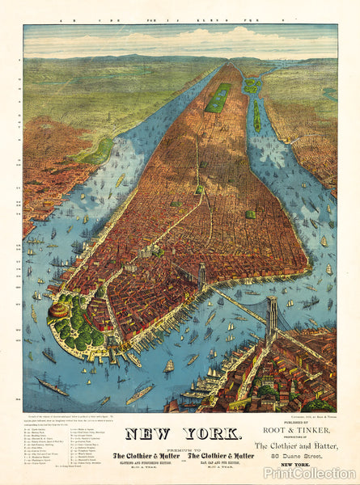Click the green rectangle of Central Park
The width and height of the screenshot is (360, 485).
coord(218,97)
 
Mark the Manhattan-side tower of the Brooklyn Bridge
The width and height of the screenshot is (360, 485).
coord(201,277)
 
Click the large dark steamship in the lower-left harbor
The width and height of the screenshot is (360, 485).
coord(52,386)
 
